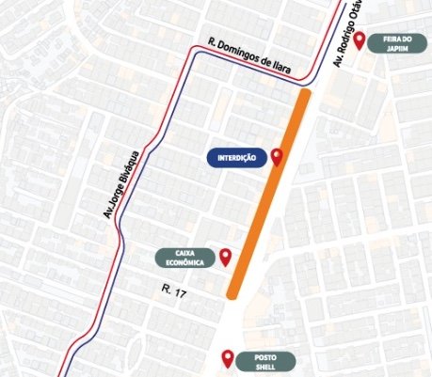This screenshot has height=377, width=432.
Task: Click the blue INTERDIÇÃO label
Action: coord(235,157)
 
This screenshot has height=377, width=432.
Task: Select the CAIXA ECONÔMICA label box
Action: coord(184,257)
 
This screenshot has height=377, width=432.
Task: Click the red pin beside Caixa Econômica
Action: coord(226,256)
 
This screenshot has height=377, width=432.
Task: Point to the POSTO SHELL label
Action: coord(266,361)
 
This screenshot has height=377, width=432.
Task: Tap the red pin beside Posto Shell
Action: coord(226,358)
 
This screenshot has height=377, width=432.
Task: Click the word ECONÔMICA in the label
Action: coord(184,262)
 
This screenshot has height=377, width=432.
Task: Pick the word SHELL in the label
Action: coord(266,367)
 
